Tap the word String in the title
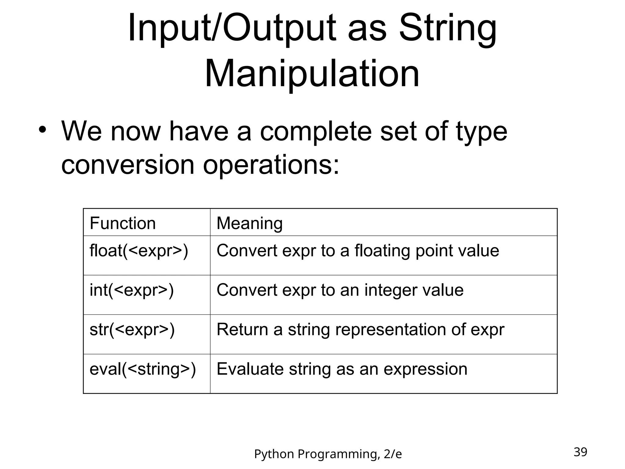click(448, 29)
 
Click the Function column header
click(123, 223)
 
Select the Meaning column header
click(249, 223)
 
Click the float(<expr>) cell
click(139, 251)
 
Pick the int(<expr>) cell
click(132, 290)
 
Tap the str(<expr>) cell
click(132, 330)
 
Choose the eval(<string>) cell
click(143, 369)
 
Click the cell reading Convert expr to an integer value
click(340, 290)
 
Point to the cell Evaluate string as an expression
click(342, 369)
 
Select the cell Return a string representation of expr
click(360, 330)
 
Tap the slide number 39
click(580, 452)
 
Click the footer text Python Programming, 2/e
click(328, 454)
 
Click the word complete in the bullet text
click(316, 132)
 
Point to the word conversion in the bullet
click(128, 165)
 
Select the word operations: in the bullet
click(271, 165)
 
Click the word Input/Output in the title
click(232, 29)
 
